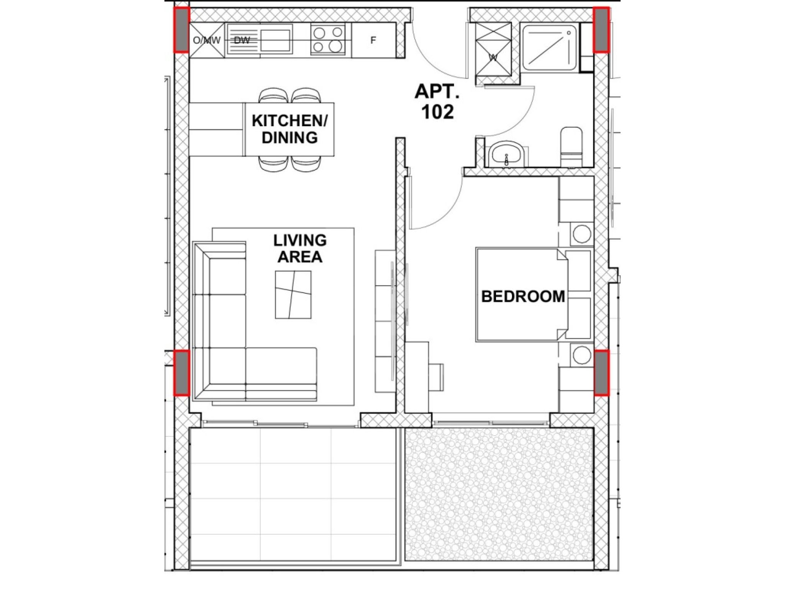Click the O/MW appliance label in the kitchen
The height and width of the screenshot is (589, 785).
pyautogui.click(x=207, y=40)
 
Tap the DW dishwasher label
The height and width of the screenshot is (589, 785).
pyautogui.click(x=241, y=40)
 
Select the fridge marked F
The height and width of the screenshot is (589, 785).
pyautogui.click(x=373, y=40)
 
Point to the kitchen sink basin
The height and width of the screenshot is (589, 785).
pyautogui.click(x=276, y=40)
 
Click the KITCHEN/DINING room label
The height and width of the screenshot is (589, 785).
pyautogui.click(x=289, y=129)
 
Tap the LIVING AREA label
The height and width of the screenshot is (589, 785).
pyautogui.click(x=300, y=248)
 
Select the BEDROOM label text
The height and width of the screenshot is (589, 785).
pyautogui.click(x=523, y=296)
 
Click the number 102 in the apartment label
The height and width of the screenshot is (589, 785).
pyautogui.click(x=437, y=112)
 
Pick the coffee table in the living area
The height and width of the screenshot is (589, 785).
pyautogui.click(x=293, y=294)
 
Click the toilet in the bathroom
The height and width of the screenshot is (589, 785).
pyautogui.click(x=571, y=147)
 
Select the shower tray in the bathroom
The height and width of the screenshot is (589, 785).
pyautogui.click(x=549, y=48)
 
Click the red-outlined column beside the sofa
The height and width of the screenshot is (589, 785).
pyautogui.click(x=181, y=373)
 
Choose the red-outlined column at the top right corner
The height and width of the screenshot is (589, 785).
pyautogui.click(x=601, y=30)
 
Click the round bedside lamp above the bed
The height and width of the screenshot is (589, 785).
pyautogui.click(x=581, y=234)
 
